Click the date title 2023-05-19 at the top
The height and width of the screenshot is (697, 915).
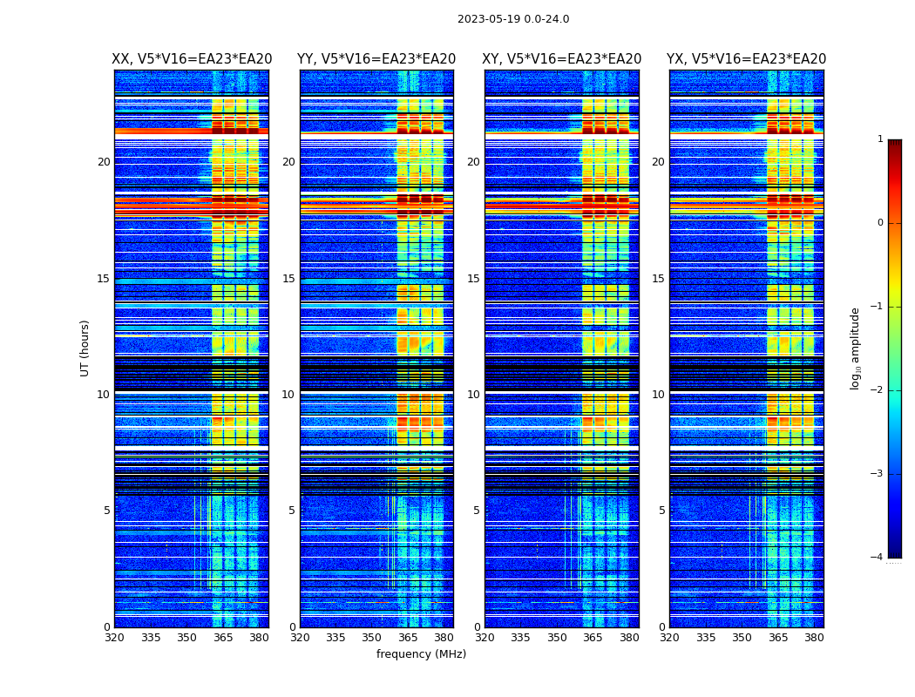513,19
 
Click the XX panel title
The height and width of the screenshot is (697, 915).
192,59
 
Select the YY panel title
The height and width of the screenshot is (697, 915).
376,59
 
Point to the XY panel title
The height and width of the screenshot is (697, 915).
562,59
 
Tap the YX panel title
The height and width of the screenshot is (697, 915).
747,59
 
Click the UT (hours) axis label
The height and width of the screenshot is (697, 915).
85,348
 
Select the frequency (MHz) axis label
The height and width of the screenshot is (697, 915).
421,654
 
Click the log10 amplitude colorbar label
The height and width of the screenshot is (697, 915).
856,348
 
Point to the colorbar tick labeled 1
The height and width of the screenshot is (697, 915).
880,139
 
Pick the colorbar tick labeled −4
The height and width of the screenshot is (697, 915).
878,558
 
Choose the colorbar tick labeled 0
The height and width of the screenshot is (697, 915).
880,223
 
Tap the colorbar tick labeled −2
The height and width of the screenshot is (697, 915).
878,390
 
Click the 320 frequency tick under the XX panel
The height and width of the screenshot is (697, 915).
114,638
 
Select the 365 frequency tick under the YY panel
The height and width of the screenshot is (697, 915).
408,638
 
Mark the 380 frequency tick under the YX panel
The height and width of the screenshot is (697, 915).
814,638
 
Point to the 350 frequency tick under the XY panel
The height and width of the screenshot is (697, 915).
557,638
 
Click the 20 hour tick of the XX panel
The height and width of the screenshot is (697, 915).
104,162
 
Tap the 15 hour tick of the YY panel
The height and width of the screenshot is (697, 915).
288,279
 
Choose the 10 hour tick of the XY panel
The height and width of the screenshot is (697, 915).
473,395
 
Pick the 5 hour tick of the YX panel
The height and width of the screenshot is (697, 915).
661,511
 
